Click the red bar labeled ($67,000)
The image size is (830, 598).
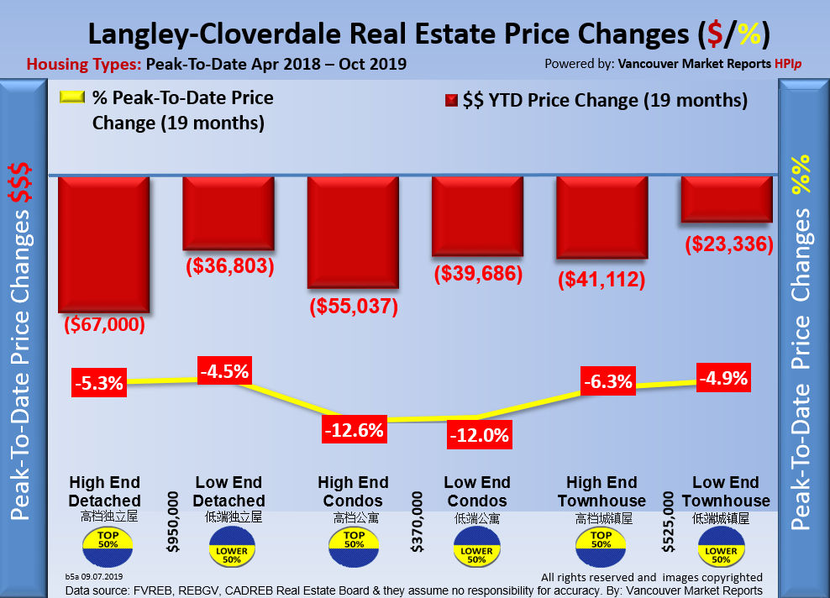(103, 244)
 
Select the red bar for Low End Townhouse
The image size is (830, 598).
(726, 198)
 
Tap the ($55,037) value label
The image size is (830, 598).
(352, 306)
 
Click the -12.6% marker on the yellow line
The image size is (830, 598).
(354, 430)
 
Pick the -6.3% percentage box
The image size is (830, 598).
(607, 381)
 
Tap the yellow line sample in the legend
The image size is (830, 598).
(74, 97)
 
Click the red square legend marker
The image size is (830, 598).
(449, 101)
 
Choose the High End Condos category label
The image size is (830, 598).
(353, 491)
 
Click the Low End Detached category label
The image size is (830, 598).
(229, 491)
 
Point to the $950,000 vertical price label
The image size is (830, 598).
(174, 524)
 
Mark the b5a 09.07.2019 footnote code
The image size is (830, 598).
(93, 577)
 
